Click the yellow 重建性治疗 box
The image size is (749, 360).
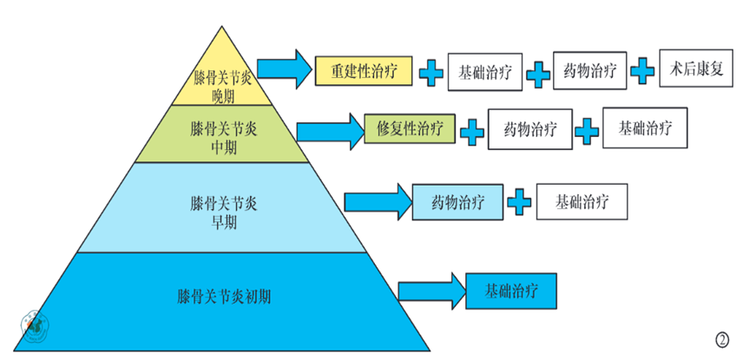click(364, 71)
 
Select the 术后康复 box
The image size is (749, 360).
click(696, 69)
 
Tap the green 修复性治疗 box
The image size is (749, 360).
click(410, 128)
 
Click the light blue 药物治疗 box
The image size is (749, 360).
click(457, 202)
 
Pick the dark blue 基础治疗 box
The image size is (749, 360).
click(511, 291)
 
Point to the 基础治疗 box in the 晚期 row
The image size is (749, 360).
click(485, 72)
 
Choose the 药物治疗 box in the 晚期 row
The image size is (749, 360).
click(590, 70)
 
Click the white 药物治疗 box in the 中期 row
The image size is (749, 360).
click(529, 129)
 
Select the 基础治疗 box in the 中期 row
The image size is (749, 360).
click(645, 128)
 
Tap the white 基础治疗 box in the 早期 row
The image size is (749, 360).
click(581, 201)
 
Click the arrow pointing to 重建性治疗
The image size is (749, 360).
click(286, 69)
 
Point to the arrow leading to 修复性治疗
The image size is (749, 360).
click(331, 132)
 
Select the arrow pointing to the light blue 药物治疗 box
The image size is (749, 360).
click(378, 202)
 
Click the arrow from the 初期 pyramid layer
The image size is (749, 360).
click(432, 291)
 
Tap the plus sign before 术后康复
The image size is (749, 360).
click(642, 70)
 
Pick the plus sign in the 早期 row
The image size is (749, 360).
click(519, 202)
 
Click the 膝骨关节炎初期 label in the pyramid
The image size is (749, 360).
click(224, 297)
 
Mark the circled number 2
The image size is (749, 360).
click(722, 340)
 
